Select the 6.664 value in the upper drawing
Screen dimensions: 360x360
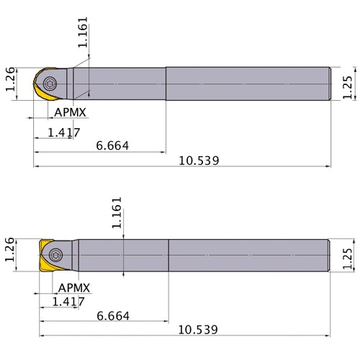coord(112,145)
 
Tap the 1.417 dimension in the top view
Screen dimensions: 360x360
coord(63,132)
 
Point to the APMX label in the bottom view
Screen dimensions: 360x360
coord(74,287)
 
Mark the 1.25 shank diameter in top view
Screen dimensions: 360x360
coord(348,84)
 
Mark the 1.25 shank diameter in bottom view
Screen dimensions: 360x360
coord(348,256)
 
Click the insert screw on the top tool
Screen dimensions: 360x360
coord(49,84)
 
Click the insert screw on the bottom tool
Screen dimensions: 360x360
coord(57,255)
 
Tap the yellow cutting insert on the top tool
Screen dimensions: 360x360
coord(39,90)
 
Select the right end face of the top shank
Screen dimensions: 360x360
coord(330,84)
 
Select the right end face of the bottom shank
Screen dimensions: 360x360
coord(332,255)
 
